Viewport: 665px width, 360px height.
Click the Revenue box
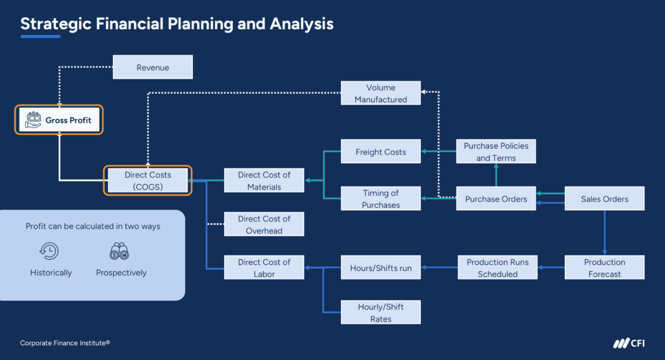[x=153, y=68]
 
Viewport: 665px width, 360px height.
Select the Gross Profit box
[x=59, y=120]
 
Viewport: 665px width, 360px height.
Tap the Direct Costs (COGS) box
[x=148, y=181]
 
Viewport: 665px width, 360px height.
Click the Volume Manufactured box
[x=381, y=94]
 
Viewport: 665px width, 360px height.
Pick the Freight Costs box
[x=381, y=152]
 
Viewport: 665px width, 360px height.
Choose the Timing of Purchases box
[x=381, y=199]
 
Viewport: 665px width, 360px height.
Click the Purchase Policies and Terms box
[x=496, y=152]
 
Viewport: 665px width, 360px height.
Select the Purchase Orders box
[x=496, y=199]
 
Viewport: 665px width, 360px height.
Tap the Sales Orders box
[x=605, y=199]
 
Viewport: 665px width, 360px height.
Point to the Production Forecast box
[x=605, y=268]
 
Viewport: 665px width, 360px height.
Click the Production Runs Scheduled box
[x=497, y=268]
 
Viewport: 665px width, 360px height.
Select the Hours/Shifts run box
[x=381, y=268]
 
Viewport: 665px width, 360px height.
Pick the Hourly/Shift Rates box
[x=381, y=313]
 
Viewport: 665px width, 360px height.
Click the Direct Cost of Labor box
[x=264, y=268]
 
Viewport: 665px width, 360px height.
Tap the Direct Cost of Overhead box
[x=264, y=224]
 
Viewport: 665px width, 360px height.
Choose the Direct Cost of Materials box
[x=264, y=181]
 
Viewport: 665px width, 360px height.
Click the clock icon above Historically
[x=51, y=251]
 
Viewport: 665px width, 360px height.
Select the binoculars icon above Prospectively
[x=121, y=251]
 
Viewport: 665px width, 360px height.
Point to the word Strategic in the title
[x=56, y=24]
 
